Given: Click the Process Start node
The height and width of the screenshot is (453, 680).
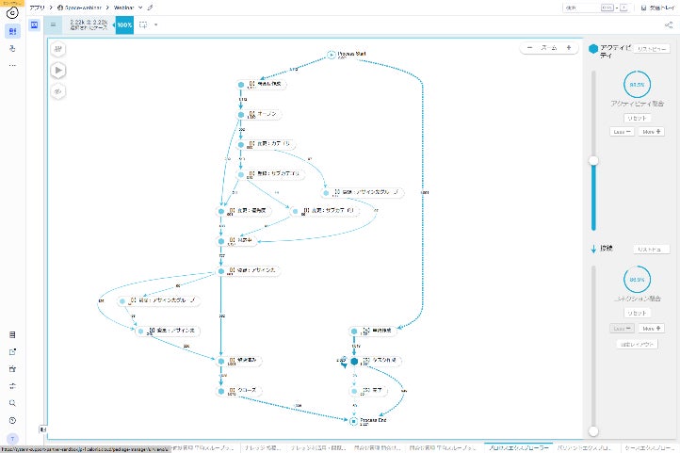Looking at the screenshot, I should click(332, 55).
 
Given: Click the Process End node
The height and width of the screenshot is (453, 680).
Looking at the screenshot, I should click(354, 421).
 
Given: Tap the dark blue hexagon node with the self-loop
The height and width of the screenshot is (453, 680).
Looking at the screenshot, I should click(354, 361).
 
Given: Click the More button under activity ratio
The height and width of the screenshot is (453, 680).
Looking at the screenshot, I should click(648, 132).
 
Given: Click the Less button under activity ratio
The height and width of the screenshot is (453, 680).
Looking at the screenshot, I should click(620, 132).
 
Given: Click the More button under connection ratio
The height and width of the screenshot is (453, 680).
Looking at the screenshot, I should click(648, 328).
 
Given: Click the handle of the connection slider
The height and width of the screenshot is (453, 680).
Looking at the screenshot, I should click(592, 430).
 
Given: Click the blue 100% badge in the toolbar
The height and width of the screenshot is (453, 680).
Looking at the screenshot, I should click(124, 24).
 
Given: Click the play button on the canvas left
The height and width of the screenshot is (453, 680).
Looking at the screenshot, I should click(59, 69).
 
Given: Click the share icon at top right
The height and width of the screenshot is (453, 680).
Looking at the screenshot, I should click(644, 8).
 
